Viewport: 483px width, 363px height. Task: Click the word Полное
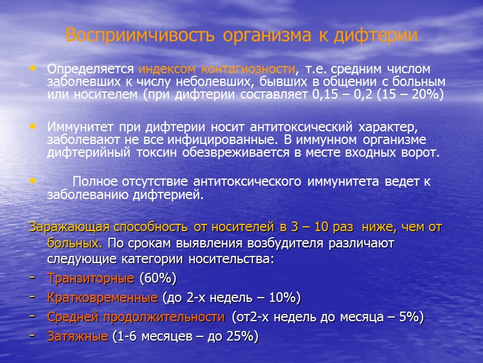coord(92,182)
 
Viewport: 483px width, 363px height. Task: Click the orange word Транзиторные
coord(91,279)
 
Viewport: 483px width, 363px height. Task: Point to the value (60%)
coord(158,279)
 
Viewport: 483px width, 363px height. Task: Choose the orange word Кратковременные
coord(103,298)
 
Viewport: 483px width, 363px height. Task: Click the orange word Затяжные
coord(77,337)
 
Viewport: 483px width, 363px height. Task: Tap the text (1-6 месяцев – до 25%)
coord(184,337)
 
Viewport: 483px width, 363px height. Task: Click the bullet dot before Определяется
coord(33,69)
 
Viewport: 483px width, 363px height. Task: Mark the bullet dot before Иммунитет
coord(33,128)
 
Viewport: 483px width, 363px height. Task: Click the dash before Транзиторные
coord(32,279)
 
